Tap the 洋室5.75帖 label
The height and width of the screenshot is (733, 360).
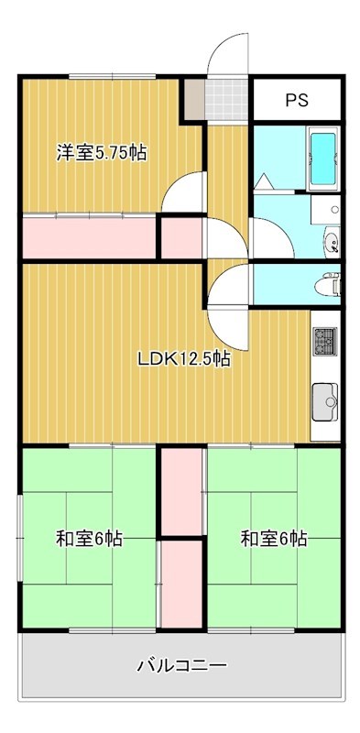[102, 153]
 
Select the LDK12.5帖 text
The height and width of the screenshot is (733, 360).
[183, 359]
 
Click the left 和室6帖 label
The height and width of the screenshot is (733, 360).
[89, 539]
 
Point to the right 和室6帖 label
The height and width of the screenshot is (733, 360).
[273, 539]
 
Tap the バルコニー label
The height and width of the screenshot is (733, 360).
[181, 664]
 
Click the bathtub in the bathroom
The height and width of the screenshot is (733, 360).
[324, 161]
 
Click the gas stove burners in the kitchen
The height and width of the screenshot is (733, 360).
[325, 343]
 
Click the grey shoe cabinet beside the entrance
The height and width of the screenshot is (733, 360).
[193, 99]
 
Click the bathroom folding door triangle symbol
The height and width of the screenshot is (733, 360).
[263, 181]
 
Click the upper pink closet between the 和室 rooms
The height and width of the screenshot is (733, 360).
[181, 491]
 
